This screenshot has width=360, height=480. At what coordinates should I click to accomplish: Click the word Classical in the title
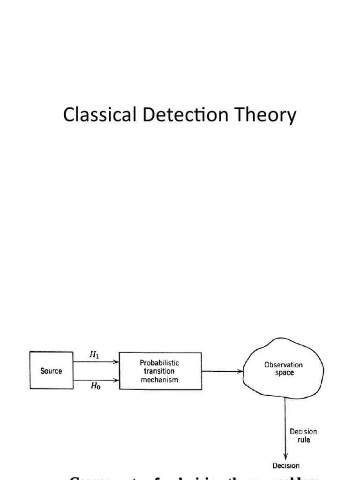[100, 115]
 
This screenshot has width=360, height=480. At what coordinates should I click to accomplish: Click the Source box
[51, 370]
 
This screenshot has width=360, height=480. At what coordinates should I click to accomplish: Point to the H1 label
[94, 355]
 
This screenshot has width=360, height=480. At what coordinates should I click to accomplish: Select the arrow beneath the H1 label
[96, 362]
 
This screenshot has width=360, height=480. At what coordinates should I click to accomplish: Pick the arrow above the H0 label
[96, 380]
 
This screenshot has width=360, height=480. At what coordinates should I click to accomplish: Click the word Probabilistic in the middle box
[159, 363]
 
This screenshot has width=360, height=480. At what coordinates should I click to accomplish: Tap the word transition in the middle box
[159, 371]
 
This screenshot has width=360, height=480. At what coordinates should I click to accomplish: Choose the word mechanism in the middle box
[159, 380]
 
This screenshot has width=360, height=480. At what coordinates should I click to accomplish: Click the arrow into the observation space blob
[222, 371]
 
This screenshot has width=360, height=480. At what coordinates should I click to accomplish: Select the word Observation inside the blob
[284, 365]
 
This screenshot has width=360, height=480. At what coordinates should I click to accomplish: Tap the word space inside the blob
[285, 373]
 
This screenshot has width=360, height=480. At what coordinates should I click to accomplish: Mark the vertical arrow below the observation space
[285, 422]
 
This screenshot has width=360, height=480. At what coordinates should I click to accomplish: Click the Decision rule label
[303, 435]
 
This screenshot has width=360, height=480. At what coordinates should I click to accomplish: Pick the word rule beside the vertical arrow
[304, 440]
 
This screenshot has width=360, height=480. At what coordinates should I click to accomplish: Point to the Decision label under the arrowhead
[285, 465]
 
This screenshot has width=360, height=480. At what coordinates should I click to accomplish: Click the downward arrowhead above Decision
[285, 456]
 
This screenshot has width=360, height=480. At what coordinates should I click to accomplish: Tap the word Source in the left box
[51, 371]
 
